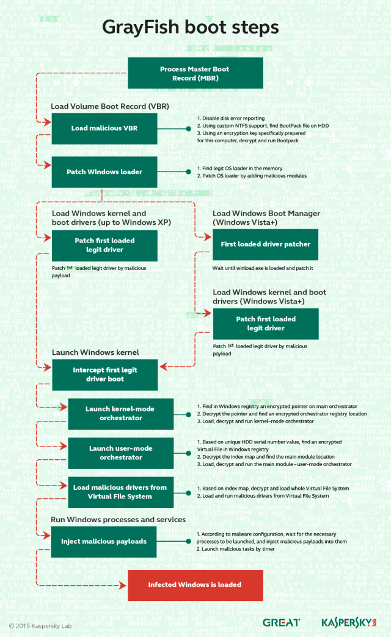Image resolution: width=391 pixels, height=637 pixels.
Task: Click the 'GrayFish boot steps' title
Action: point(191,27)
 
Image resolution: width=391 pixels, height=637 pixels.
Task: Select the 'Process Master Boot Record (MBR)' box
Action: point(195,73)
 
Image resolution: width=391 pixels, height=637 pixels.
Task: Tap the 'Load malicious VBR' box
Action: point(104,128)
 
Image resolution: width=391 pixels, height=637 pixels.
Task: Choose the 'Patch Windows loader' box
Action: point(104,172)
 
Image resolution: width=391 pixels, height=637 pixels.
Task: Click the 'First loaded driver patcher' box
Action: point(265,244)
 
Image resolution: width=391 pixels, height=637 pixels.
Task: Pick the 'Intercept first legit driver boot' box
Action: point(104,374)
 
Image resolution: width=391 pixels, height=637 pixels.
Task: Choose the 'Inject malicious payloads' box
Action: point(104,541)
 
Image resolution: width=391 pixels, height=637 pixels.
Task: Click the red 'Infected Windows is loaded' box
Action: point(195,584)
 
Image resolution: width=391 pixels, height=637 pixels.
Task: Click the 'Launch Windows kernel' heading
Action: point(95,352)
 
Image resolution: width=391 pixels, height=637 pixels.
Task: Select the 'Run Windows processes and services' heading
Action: point(119,520)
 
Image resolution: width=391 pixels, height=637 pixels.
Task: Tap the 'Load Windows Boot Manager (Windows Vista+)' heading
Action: point(266,218)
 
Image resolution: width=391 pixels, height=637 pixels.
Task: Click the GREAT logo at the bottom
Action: point(281,622)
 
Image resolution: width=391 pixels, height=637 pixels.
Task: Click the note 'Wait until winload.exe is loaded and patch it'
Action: point(263,268)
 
